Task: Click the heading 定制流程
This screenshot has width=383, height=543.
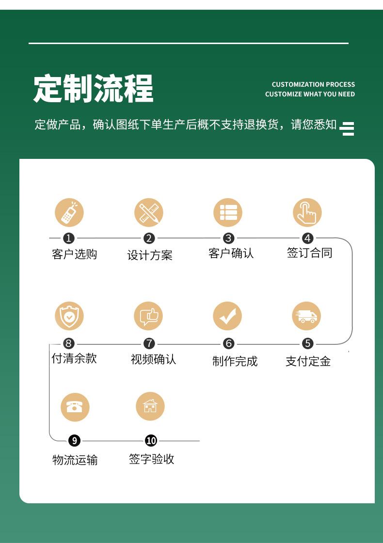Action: click(93, 88)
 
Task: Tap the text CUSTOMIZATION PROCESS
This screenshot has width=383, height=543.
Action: click(313, 84)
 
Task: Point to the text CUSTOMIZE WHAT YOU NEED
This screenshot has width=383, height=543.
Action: click(310, 94)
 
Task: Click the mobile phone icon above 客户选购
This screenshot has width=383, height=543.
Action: click(69, 213)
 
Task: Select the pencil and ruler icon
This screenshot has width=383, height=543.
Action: click(149, 213)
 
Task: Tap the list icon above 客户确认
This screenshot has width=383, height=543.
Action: click(228, 213)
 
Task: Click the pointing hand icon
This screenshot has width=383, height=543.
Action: click(307, 213)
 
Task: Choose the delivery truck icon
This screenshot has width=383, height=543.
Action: click(307, 316)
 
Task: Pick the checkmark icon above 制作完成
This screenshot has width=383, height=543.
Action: click(227, 316)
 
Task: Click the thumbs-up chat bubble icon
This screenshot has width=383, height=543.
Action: click(148, 316)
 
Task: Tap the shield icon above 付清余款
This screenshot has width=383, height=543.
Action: click(69, 316)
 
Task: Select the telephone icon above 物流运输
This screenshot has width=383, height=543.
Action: click(75, 406)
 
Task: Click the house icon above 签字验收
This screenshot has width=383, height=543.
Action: click(150, 406)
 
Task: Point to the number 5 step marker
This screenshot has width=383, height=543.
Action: click(308, 344)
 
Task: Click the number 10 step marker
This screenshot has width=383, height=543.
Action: click(151, 440)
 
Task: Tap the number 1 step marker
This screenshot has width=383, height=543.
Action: click(69, 238)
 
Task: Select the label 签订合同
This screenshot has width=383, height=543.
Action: click(309, 253)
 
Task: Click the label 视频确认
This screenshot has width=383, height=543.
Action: click(153, 359)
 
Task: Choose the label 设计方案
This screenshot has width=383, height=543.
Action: click(150, 255)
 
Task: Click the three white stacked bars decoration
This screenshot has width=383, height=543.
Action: click(348, 128)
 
